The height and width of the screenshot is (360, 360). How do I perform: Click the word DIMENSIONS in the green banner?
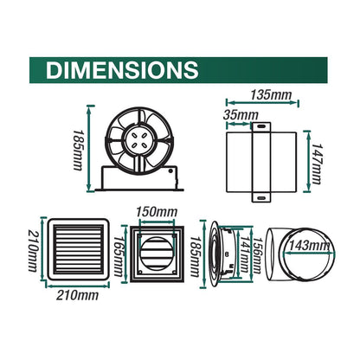pos(120,68)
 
